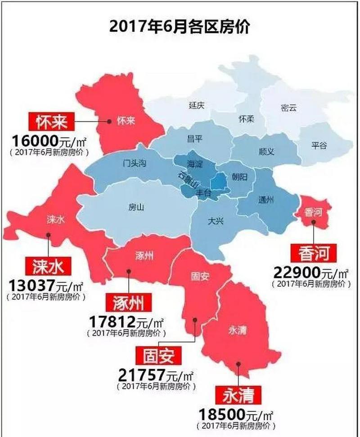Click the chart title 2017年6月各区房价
pos(180,26)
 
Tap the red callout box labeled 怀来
pos(51,121)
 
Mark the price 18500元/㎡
pos(237,413)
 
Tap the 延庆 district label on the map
pos(197,106)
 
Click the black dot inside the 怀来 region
pos(109,120)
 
